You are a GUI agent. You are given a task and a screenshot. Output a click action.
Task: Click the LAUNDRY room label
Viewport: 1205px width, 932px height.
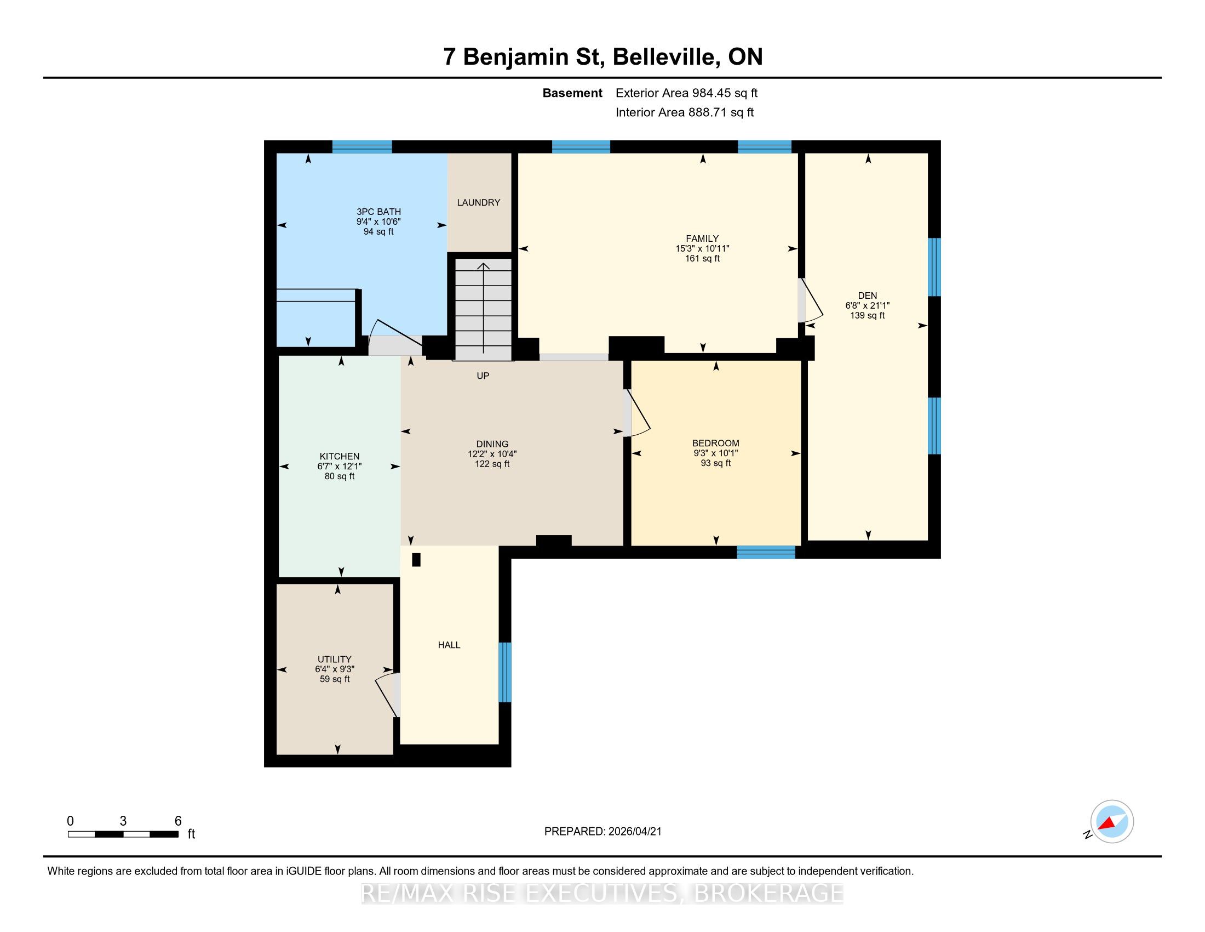point(478,203)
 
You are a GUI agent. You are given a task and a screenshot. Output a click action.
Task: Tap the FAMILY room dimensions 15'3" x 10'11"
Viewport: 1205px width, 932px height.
point(702,248)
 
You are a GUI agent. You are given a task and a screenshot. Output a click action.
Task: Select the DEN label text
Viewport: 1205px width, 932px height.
point(868,295)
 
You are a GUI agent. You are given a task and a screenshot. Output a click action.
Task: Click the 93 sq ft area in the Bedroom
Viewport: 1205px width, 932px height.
point(716,463)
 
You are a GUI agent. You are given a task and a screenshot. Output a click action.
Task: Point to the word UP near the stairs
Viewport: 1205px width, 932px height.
point(483,376)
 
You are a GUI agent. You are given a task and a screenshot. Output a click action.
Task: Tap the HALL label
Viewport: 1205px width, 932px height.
point(449,645)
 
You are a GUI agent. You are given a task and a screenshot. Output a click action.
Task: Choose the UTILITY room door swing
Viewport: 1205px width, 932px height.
point(386,695)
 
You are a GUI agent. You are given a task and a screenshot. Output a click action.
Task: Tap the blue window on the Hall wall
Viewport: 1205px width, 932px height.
point(505,672)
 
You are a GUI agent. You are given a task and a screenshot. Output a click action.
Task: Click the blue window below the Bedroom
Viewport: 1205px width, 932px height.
point(766,552)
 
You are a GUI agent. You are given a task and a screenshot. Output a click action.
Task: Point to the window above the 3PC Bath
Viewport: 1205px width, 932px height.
point(362,147)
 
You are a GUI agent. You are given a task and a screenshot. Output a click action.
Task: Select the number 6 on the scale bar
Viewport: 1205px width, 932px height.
point(177,821)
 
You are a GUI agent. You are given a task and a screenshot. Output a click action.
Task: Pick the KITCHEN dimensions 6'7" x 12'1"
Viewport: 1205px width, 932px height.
point(340,467)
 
